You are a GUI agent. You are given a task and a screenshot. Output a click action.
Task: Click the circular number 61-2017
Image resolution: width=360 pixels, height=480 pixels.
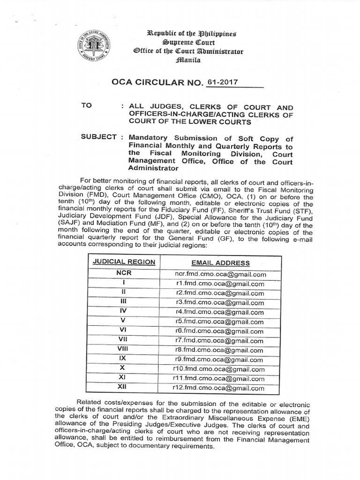[x=224, y=82]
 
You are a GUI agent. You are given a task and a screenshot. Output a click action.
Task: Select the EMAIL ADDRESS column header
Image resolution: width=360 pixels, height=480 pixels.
[x=220, y=263]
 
